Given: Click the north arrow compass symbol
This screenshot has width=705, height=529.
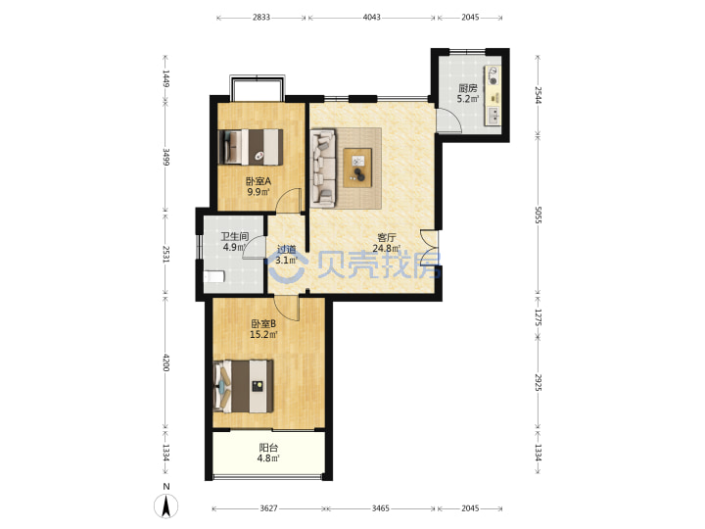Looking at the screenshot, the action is (165, 506).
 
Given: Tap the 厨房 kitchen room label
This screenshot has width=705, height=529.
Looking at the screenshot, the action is (468, 88).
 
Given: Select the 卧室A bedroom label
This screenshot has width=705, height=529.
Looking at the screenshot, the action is (258, 181).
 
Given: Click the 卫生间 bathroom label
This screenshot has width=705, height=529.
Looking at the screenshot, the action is (235, 236).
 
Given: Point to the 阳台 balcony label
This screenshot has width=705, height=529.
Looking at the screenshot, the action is (268, 448).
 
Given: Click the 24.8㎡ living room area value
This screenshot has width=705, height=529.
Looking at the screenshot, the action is (386, 248).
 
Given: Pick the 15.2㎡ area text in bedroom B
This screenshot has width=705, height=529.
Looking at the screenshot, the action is (263, 334).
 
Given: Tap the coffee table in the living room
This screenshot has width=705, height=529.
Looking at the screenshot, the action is (357, 168).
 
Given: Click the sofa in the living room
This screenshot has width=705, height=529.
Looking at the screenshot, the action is (323, 168).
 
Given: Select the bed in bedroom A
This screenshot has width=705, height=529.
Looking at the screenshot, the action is (251, 147).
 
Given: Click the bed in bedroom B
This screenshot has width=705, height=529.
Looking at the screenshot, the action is (244, 386).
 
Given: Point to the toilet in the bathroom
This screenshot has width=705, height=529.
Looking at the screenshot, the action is (214, 276).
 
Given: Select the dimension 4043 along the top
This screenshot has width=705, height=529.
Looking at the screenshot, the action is (371, 17).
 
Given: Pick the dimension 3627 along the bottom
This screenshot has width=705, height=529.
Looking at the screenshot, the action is (268, 508).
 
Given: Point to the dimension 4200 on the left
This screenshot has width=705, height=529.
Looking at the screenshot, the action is (165, 362).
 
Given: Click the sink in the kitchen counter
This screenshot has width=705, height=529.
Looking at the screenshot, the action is (493, 116).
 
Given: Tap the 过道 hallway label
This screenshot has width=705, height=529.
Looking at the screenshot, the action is (286, 249).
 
